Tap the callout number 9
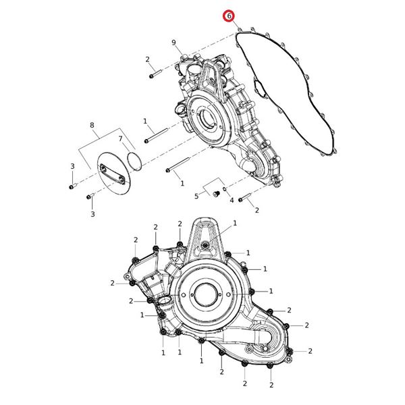pyautogui.click(x=173, y=43)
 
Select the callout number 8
pyautogui.click(x=92, y=125)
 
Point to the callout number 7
pyautogui.click(x=121, y=139)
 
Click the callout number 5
pyautogui.click(x=197, y=196)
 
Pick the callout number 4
pyautogui.click(x=231, y=200)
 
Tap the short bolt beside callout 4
pyautogui.click(x=244, y=198)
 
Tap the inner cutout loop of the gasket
pyautogui.click(x=260, y=88)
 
